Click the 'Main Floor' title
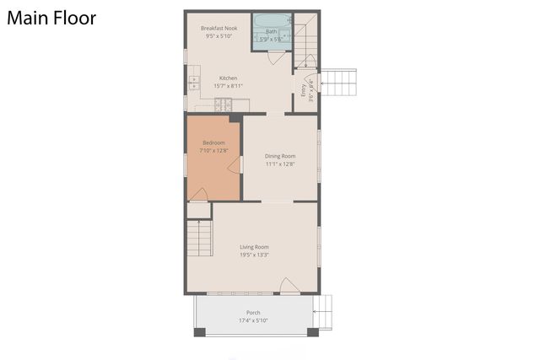tap(51, 18)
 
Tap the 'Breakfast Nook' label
tap(219, 28)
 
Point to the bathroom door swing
tap(277, 57)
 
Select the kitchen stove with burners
tap(224, 105)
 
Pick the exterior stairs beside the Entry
tap(340, 83)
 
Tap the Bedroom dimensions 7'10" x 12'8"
tap(213, 151)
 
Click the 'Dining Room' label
tap(279, 156)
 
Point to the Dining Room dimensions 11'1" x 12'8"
tap(279, 164)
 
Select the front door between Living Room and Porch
tap(289, 287)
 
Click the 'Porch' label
tap(253, 313)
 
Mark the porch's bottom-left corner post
tap(199, 331)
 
